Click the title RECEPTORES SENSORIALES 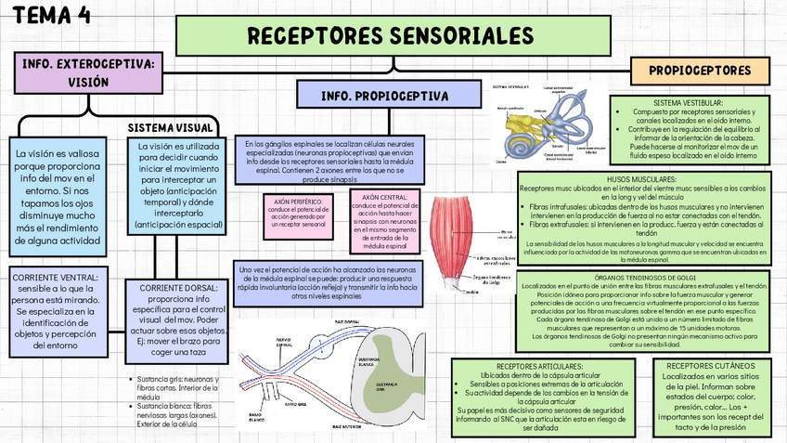(392, 37)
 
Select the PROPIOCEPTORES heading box (700, 70)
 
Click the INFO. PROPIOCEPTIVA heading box (384, 96)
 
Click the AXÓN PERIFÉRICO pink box (295, 213)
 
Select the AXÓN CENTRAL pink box (383, 223)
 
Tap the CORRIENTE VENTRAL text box (60, 310)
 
